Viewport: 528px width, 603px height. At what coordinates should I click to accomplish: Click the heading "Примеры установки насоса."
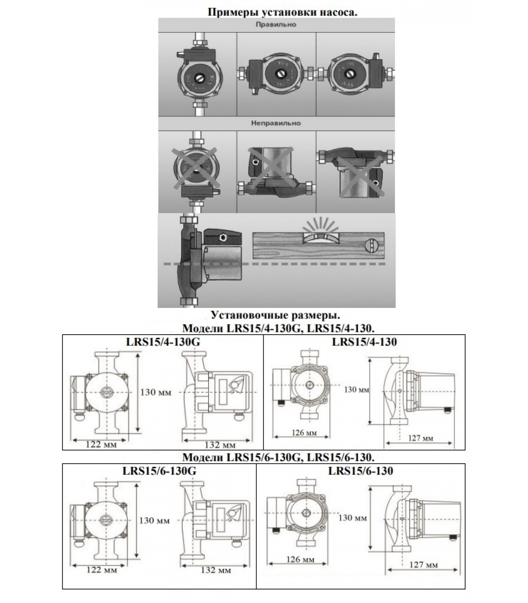pyautogui.click(x=282, y=12)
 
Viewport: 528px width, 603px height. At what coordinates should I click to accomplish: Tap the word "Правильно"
pyautogui.click(x=276, y=24)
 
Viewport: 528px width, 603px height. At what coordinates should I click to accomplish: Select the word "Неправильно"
pyautogui.click(x=276, y=123)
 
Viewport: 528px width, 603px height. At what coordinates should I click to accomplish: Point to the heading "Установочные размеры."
pyautogui.click(x=278, y=315)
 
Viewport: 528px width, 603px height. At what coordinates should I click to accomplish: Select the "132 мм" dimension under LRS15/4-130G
pyautogui.click(x=220, y=445)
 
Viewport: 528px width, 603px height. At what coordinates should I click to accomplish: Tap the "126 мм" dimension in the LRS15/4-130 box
pyautogui.click(x=304, y=433)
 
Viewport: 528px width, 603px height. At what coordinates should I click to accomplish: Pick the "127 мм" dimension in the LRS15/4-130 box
pyautogui.click(x=421, y=438)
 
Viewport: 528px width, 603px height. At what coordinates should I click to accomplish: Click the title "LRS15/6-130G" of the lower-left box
pyautogui.click(x=159, y=471)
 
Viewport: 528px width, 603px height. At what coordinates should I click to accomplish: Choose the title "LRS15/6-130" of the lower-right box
pyautogui.click(x=361, y=471)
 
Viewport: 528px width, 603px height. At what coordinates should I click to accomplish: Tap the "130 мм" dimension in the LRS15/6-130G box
pyautogui.click(x=155, y=520)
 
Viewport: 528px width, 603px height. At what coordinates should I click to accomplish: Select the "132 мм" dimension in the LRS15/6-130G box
pyautogui.click(x=216, y=570)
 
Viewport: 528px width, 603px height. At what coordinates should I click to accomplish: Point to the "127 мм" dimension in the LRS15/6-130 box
pyautogui.click(x=424, y=565)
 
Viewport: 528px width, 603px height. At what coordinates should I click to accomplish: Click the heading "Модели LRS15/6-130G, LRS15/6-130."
pyautogui.click(x=278, y=458)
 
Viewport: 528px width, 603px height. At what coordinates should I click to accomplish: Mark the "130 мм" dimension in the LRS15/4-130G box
pyautogui.click(x=156, y=392)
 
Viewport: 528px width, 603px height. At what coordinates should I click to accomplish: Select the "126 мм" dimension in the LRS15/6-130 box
pyautogui.click(x=301, y=560)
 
